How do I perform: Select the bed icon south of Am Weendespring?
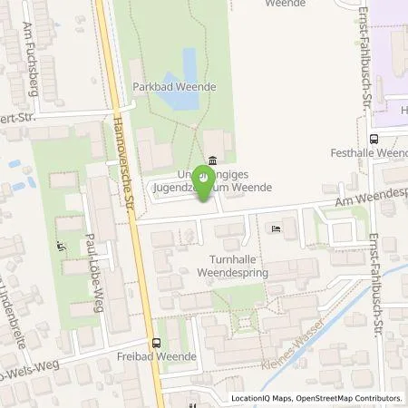click(x=276, y=228)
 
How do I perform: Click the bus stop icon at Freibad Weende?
click(x=158, y=343)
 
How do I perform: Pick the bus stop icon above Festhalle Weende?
click(x=374, y=140)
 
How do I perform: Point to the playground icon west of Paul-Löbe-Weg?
click(x=62, y=246)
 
